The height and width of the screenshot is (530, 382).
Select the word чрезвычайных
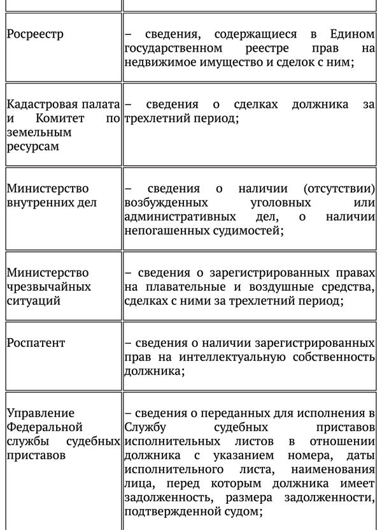tap(49, 287)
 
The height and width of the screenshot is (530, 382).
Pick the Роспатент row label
tap(36, 343)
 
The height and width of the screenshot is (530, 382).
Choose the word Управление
tap(40, 413)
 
